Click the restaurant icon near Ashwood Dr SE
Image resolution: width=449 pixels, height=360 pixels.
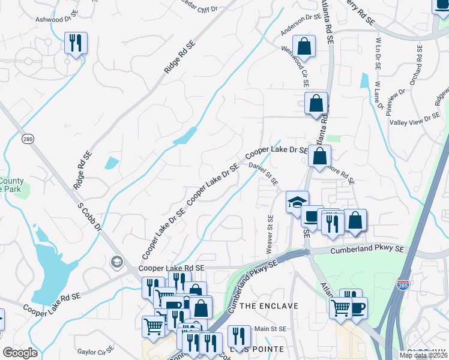(x=76, y=43)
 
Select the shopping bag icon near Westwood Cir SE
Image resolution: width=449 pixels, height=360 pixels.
(x=305, y=47)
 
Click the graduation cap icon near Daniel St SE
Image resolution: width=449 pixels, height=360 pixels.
(x=297, y=202)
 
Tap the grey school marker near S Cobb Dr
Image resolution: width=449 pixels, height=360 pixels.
(x=116, y=262)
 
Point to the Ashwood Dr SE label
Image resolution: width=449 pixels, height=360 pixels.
(x=57, y=19)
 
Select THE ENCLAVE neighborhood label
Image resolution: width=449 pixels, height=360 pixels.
(x=268, y=306)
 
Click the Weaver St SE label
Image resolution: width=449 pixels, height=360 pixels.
(x=270, y=235)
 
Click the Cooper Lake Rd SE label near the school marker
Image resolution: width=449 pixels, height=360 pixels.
(x=172, y=269)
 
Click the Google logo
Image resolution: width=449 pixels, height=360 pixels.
(x=20, y=353)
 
